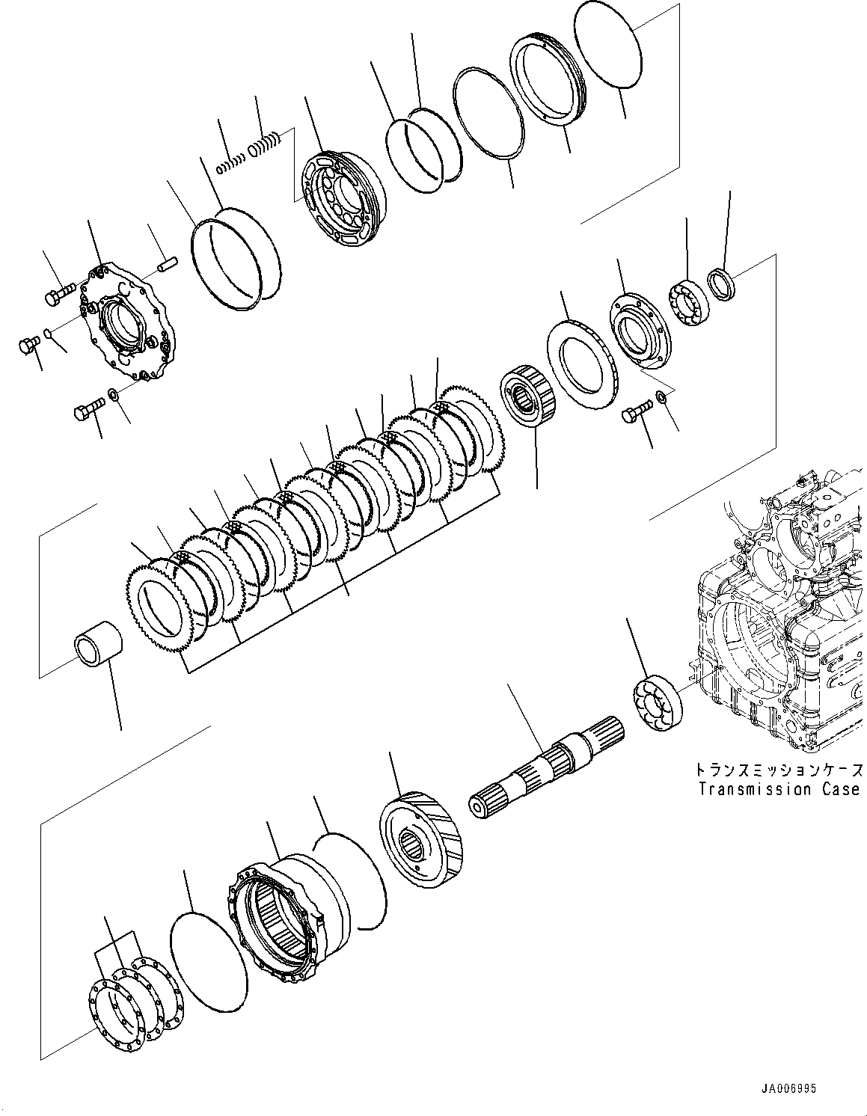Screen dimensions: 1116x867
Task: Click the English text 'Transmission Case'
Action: coord(778,789)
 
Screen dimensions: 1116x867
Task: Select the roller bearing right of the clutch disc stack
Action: coord(528,396)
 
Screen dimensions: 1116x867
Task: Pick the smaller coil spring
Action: coord(230,165)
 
